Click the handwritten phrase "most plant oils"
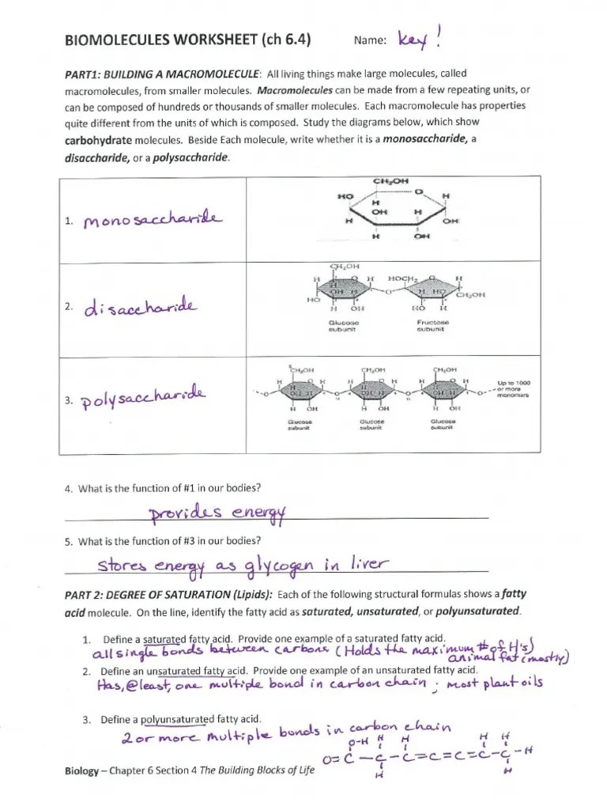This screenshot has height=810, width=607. [494, 684]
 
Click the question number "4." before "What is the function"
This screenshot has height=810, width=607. [69, 488]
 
